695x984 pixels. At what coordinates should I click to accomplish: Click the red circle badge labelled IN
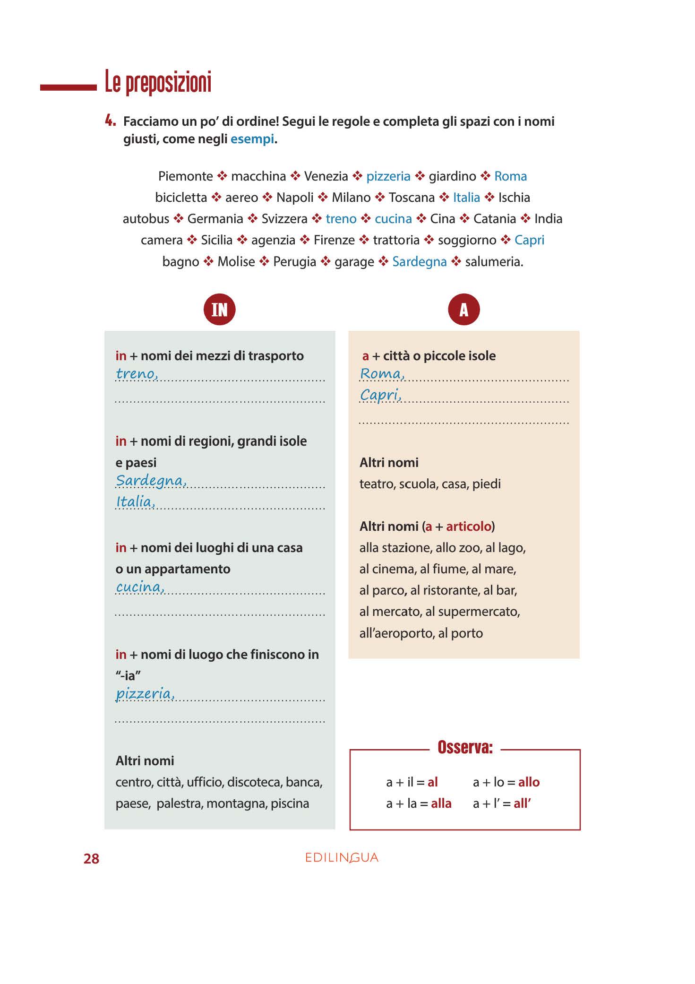click(219, 310)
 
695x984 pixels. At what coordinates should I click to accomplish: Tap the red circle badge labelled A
click(463, 310)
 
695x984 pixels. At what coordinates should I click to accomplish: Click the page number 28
click(91, 859)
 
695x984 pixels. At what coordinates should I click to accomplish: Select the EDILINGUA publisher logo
click(342, 858)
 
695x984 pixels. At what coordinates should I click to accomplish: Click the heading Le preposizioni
click(158, 82)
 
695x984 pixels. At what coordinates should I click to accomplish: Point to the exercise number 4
click(110, 121)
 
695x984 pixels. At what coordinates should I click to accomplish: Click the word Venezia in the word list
click(326, 176)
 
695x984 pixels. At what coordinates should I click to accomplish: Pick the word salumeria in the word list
click(494, 261)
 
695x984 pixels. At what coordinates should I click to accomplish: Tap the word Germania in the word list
click(215, 219)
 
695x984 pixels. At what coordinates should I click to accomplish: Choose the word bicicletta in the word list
click(181, 198)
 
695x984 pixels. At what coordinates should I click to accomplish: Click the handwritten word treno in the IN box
click(137, 374)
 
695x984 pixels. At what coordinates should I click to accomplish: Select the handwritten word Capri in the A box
click(380, 395)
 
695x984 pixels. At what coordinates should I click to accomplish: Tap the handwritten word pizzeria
click(145, 694)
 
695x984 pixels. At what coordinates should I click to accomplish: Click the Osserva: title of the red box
click(465, 747)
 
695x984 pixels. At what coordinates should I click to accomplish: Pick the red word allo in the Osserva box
click(529, 782)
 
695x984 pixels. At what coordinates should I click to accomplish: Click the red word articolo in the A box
click(469, 527)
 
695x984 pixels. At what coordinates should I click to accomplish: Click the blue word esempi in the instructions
click(252, 139)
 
